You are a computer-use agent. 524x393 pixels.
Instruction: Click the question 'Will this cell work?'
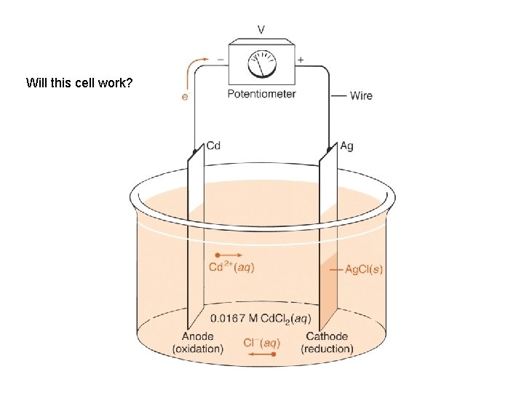(x=79, y=82)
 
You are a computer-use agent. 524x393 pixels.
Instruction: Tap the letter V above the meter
(x=261, y=30)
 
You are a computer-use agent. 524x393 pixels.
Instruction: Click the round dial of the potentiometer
(x=261, y=65)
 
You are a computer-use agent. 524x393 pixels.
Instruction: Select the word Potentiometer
(x=261, y=94)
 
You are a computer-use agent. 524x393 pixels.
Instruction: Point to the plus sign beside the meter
(x=301, y=60)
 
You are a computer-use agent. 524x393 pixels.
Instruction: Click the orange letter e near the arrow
(x=184, y=96)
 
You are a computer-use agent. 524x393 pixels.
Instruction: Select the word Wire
(x=360, y=95)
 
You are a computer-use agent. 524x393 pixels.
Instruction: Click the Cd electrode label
(x=213, y=146)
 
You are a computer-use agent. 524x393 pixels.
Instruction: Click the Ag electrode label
(x=346, y=146)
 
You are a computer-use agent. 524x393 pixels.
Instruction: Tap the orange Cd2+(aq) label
(x=231, y=268)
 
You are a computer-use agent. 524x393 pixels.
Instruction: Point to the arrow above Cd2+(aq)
(x=231, y=255)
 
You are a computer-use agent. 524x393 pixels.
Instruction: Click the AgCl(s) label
(x=363, y=270)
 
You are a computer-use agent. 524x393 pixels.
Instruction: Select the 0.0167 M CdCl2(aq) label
(x=260, y=318)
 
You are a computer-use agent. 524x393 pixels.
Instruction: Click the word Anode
(x=197, y=336)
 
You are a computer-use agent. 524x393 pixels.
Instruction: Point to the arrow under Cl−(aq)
(x=261, y=354)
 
